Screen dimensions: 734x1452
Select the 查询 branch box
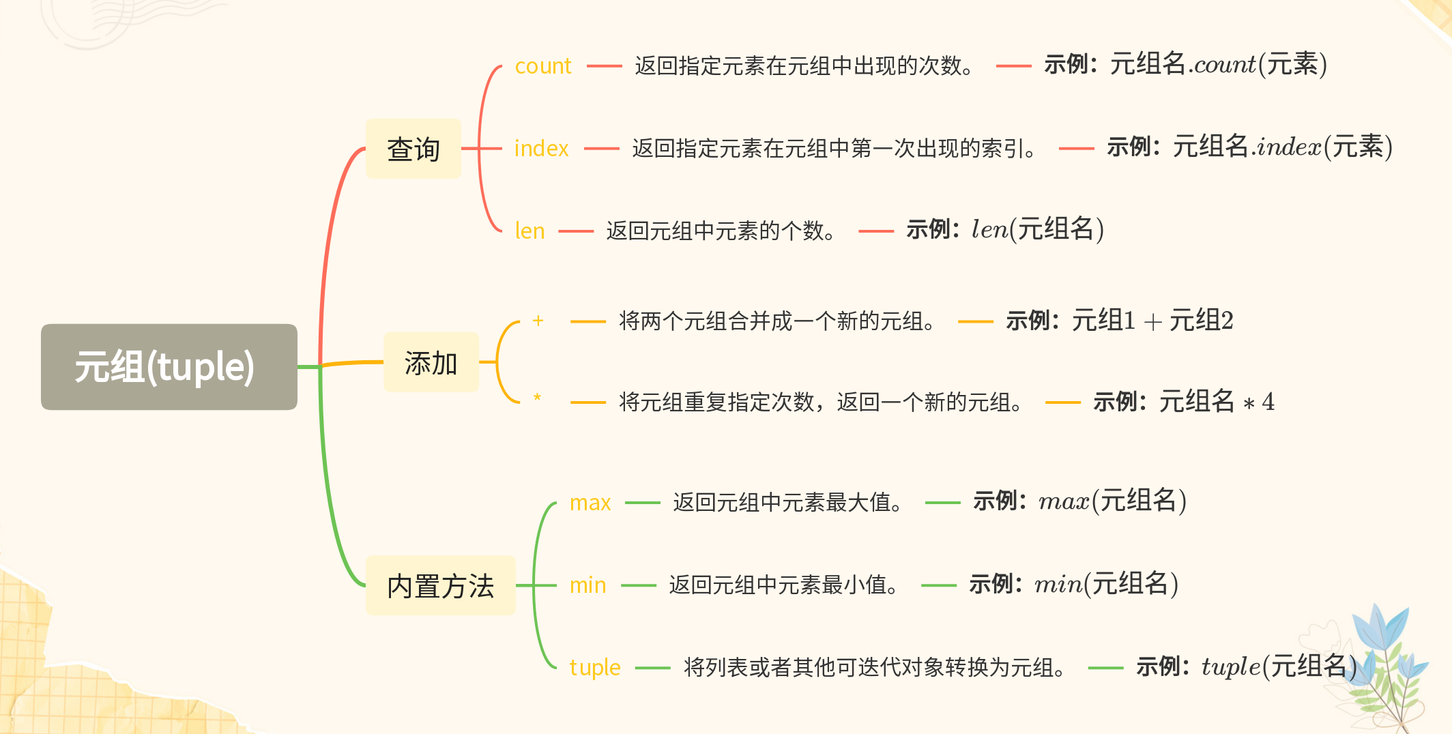pyautogui.click(x=413, y=149)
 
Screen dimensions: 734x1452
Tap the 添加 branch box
pyautogui.click(x=431, y=362)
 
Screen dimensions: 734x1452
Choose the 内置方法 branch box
pyautogui.click(x=440, y=585)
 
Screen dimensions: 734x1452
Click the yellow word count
pyautogui.click(x=542, y=66)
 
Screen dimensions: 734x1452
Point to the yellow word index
pyautogui.click(x=541, y=149)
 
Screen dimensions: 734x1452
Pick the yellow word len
pyautogui.click(x=529, y=231)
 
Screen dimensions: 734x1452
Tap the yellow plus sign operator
pyautogui.click(x=538, y=321)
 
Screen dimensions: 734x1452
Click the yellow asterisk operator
pyautogui.click(x=538, y=397)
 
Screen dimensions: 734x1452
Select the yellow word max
pyautogui.click(x=590, y=503)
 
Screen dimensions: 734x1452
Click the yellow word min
pyautogui.click(x=587, y=585)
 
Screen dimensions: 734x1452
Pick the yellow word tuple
pyautogui.click(x=595, y=667)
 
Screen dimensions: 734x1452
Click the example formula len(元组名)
pyautogui.click(x=1037, y=229)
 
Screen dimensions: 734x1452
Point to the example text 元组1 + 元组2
pyautogui.click(x=1152, y=320)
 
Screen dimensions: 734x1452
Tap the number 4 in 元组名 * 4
pyautogui.click(x=1268, y=402)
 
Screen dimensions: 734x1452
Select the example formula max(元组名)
pyautogui.click(x=1112, y=501)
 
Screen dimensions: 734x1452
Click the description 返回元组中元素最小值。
pyautogui.click(x=784, y=585)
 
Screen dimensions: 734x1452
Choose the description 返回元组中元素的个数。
pyautogui.click(x=721, y=231)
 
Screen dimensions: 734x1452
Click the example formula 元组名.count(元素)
pyautogui.click(x=1218, y=65)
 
